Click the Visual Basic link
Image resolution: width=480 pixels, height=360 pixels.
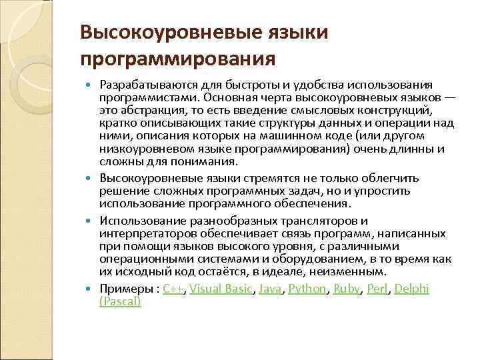click(221, 289)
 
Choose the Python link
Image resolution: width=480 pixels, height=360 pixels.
click(308, 289)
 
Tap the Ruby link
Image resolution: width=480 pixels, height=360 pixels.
click(347, 289)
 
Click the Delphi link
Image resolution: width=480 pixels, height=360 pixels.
click(413, 289)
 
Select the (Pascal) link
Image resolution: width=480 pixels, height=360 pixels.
click(120, 301)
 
